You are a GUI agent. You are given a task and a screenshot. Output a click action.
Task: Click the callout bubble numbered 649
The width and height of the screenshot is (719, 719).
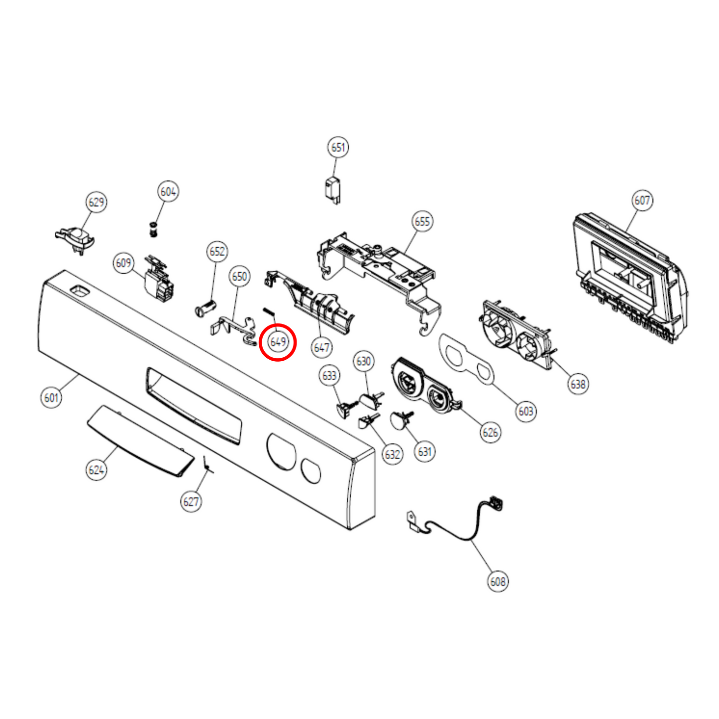pyautogui.click(x=278, y=341)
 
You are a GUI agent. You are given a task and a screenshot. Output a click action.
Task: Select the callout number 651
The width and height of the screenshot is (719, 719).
pyautogui.click(x=338, y=147)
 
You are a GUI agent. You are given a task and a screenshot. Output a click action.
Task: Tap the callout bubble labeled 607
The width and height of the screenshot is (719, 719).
pyautogui.click(x=642, y=201)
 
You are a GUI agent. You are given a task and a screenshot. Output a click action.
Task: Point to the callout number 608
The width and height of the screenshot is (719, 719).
pyautogui.click(x=498, y=581)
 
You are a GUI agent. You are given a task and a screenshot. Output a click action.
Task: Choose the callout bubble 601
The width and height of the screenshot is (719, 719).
pyautogui.click(x=51, y=398)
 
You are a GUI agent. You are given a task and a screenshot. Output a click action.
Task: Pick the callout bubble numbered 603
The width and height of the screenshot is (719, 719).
pyautogui.click(x=526, y=411)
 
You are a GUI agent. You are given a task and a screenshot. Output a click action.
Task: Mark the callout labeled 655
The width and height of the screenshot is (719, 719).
pyautogui.click(x=422, y=221)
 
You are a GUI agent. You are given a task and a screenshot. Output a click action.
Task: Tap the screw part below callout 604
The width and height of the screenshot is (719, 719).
pyautogui.click(x=152, y=229)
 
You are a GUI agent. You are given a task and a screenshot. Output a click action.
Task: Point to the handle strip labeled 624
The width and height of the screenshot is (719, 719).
pyautogui.click(x=140, y=441)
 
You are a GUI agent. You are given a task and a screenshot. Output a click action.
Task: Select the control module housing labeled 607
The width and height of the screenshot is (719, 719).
pyautogui.click(x=630, y=278)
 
